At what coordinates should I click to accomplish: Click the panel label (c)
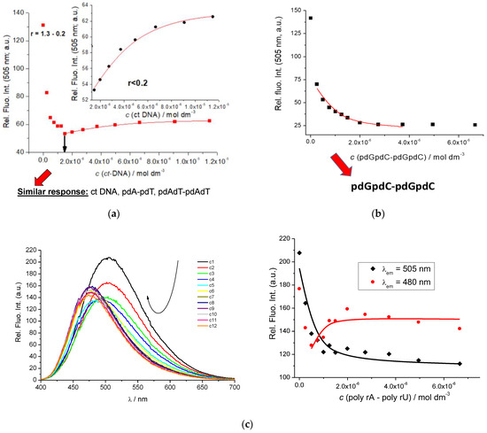pyautogui.click(x=243, y=423)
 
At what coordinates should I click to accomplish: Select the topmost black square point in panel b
pyautogui.click(x=310, y=18)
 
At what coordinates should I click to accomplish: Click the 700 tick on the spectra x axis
pyautogui.click(x=235, y=387)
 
